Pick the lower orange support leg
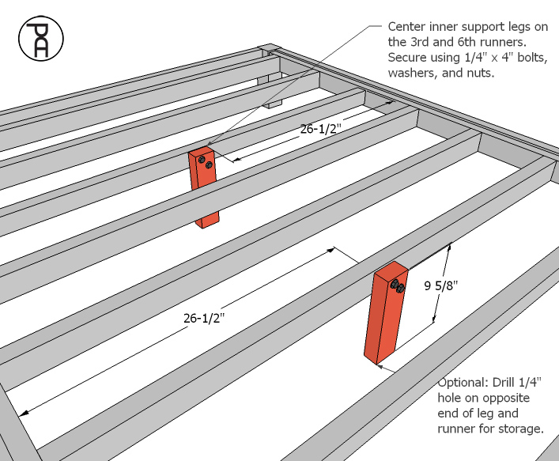383,316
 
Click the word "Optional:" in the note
463,382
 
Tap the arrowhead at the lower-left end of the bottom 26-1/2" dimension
26,412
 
